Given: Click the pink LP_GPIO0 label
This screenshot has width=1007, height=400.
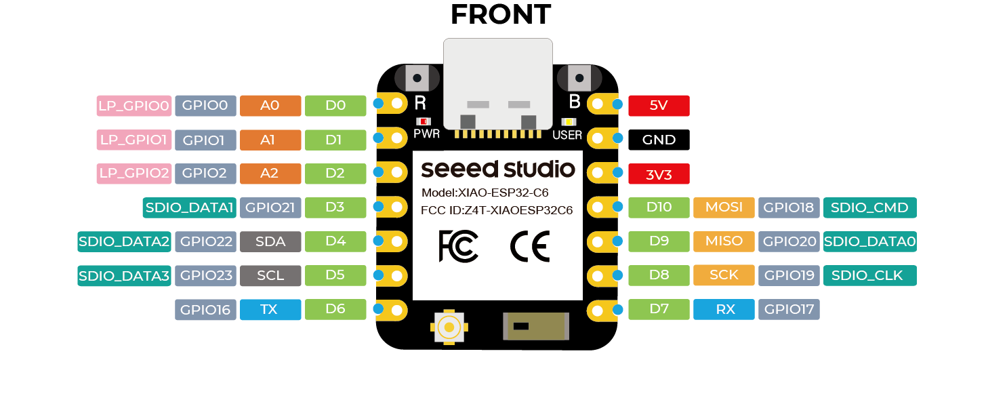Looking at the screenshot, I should (x=133, y=105).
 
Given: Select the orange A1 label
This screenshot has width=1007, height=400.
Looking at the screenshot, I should (x=269, y=140).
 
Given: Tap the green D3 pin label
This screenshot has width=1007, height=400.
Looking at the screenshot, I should (x=335, y=207).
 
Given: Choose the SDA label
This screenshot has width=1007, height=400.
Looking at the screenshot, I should (x=270, y=241).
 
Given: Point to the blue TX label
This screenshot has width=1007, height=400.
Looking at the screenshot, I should (x=269, y=310).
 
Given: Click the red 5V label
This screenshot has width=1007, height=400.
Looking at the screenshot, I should (x=659, y=105).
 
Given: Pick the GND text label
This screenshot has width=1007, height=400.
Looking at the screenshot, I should (x=659, y=140).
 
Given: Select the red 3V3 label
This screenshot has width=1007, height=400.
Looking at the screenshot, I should (x=659, y=174).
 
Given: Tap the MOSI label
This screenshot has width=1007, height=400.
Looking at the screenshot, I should (x=724, y=207).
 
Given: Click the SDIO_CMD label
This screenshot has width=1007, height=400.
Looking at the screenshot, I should (x=869, y=207).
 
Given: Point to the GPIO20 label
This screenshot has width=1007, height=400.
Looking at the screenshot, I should (x=789, y=241).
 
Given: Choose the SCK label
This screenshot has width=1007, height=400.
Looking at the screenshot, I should (x=724, y=275).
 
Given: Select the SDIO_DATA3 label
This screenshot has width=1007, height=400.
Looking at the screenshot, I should (x=124, y=275).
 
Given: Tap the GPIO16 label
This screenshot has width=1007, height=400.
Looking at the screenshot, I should (x=206, y=310).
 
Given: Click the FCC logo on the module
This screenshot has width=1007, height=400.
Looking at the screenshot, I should (x=459, y=246).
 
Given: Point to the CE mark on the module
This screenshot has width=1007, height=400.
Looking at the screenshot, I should (x=529, y=246).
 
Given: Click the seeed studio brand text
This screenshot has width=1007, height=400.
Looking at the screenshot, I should (x=498, y=169).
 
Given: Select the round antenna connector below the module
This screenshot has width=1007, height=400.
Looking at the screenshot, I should (x=449, y=327).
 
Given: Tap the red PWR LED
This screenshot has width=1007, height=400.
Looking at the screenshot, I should (x=424, y=121).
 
